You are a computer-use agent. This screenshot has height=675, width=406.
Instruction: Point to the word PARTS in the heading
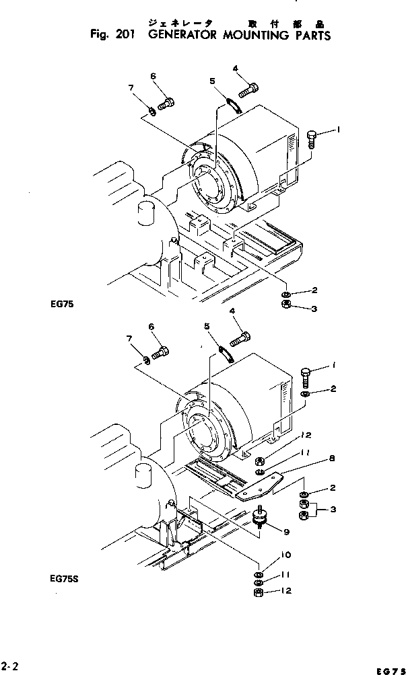[x=310, y=36]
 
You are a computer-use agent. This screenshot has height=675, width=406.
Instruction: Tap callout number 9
[x=287, y=532]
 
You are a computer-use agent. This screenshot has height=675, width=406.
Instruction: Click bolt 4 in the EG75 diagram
[x=248, y=87]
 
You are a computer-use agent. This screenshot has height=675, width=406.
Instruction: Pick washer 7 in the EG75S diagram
[x=148, y=362]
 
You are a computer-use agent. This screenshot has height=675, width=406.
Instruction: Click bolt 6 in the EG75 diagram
[x=166, y=104]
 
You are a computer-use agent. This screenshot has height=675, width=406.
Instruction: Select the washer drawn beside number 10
[x=259, y=575]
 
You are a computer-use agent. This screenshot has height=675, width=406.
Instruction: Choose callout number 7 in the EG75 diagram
[x=132, y=87]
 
